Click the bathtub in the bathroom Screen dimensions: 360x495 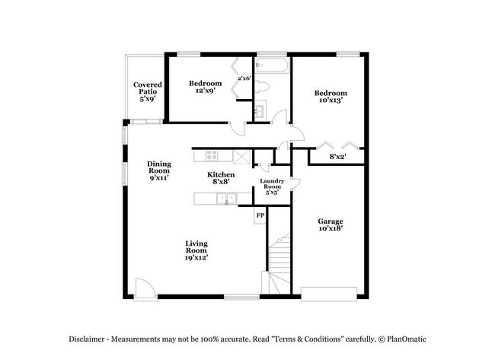click(x=272, y=66)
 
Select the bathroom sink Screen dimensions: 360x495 click(x=258, y=111)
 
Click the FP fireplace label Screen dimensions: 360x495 click(x=260, y=215)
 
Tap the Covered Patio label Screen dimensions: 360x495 click(x=146, y=91)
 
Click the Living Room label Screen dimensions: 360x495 click(x=196, y=250)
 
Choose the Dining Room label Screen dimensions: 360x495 click(x=159, y=170)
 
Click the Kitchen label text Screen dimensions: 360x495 click(x=221, y=179)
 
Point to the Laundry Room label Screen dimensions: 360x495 click(x=273, y=186)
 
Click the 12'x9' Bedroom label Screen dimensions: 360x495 click(x=206, y=88)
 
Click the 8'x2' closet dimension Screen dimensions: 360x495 click(x=337, y=157)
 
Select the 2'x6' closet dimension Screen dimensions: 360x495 click(x=244, y=78)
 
